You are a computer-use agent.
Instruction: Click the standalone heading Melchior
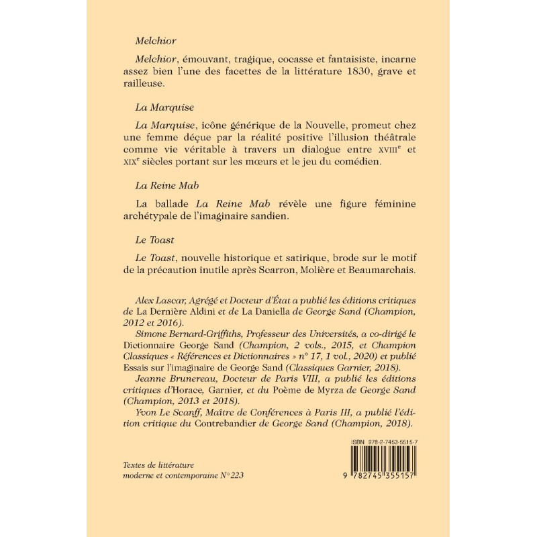coord(156,41)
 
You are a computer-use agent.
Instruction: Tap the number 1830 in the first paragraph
coord(369,73)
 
